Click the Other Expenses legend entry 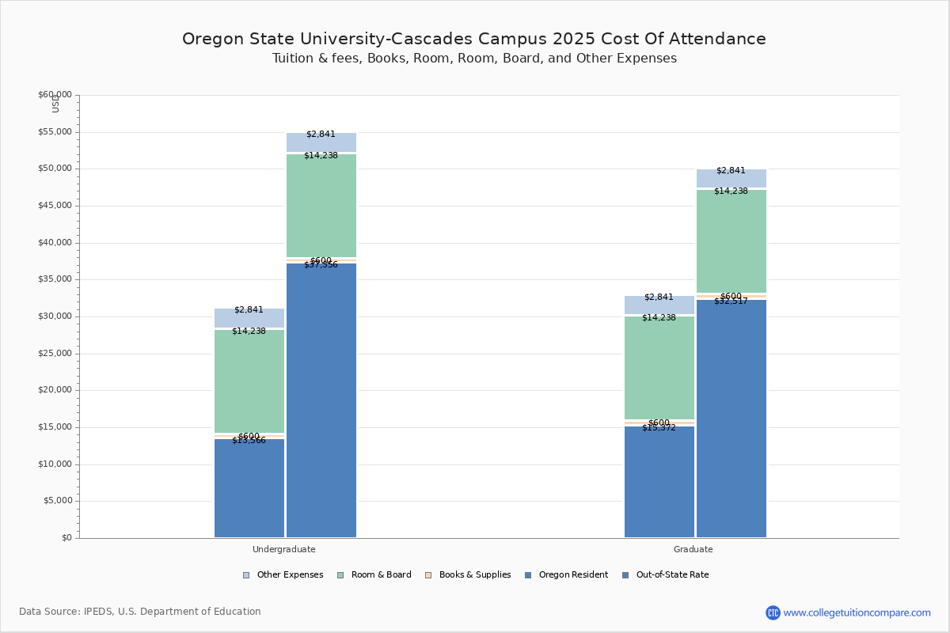[283, 575]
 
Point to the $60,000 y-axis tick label [55, 95]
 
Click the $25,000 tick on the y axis [55, 354]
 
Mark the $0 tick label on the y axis [66, 538]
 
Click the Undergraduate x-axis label [284, 549]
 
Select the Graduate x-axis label [693, 549]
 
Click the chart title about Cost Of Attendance [474, 39]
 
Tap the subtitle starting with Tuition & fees [474, 59]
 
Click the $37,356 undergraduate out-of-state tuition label [321, 265]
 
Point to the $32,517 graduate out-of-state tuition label [731, 301]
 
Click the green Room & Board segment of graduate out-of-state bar [731, 241]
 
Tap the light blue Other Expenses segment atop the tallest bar [321, 142]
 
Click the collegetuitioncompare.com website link [857, 612]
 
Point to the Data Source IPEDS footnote [140, 612]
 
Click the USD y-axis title [55, 104]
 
